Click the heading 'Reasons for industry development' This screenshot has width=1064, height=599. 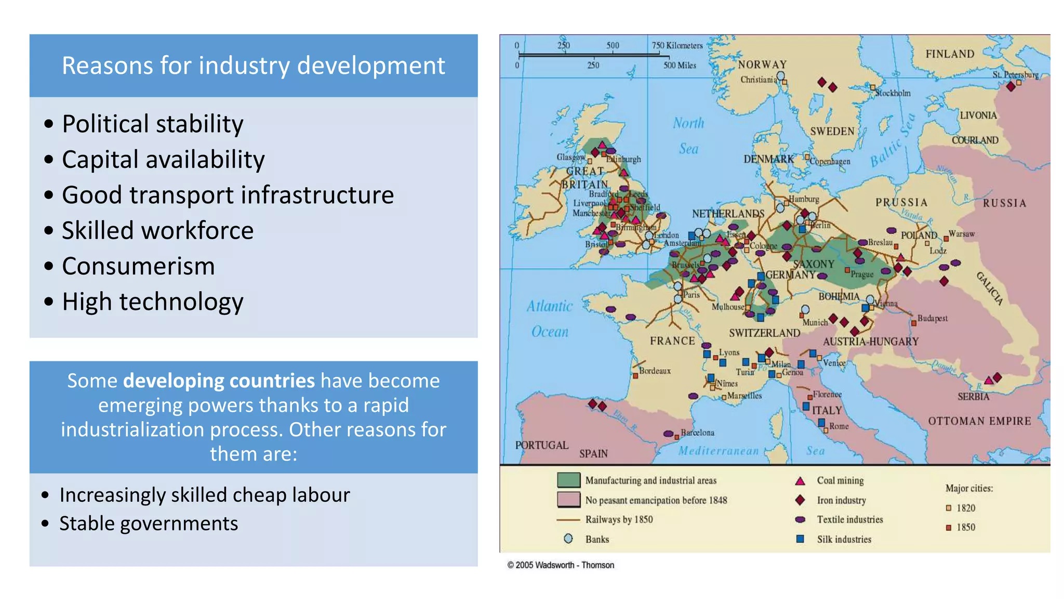[254, 66]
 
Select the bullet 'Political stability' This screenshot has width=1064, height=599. [152, 124]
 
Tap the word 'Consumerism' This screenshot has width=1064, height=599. [138, 266]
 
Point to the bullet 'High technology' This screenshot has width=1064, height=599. [152, 302]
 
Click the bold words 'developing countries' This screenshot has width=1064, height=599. [219, 381]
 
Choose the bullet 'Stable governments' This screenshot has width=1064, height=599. [149, 524]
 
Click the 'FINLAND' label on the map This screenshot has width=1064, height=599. [950, 54]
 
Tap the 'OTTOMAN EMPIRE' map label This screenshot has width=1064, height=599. [979, 421]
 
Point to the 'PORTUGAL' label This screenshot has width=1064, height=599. [541, 446]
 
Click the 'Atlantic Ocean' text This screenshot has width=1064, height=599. [550, 319]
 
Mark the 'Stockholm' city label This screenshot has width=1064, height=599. [893, 94]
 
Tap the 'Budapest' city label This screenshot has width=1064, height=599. [932, 318]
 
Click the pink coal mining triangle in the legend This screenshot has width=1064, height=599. [800, 481]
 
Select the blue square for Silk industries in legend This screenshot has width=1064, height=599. [800, 539]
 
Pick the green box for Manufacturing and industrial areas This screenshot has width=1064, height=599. [568, 480]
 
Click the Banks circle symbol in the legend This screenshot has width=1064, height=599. [568, 539]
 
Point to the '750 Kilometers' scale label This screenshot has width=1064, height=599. [677, 46]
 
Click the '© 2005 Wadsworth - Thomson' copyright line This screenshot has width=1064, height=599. [561, 565]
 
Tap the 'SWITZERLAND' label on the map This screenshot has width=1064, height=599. [764, 333]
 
